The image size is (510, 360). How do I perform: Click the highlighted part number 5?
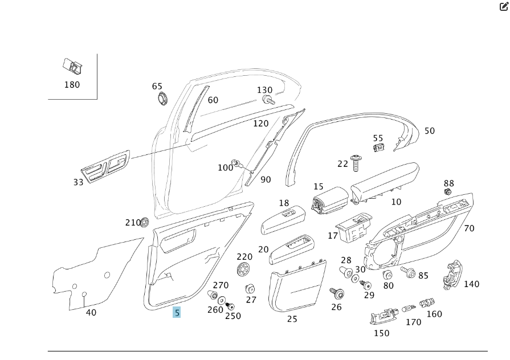pyautogui.click(x=177, y=312)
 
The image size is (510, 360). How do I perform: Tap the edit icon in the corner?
pyautogui.click(x=504, y=7)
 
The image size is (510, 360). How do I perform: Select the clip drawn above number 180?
pyautogui.click(x=72, y=67)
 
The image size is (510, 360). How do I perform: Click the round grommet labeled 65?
pyautogui.click(x=164, y=98)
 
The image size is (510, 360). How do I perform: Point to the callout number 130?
pyautogui.click(x=264, y=90)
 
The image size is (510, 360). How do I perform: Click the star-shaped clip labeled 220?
pyautogui.click(x=243, y=269)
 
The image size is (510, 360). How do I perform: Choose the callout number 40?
pyautogui.click(x=91, y=312)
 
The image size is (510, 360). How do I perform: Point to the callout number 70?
pyautogui.click(x=469, y=228)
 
